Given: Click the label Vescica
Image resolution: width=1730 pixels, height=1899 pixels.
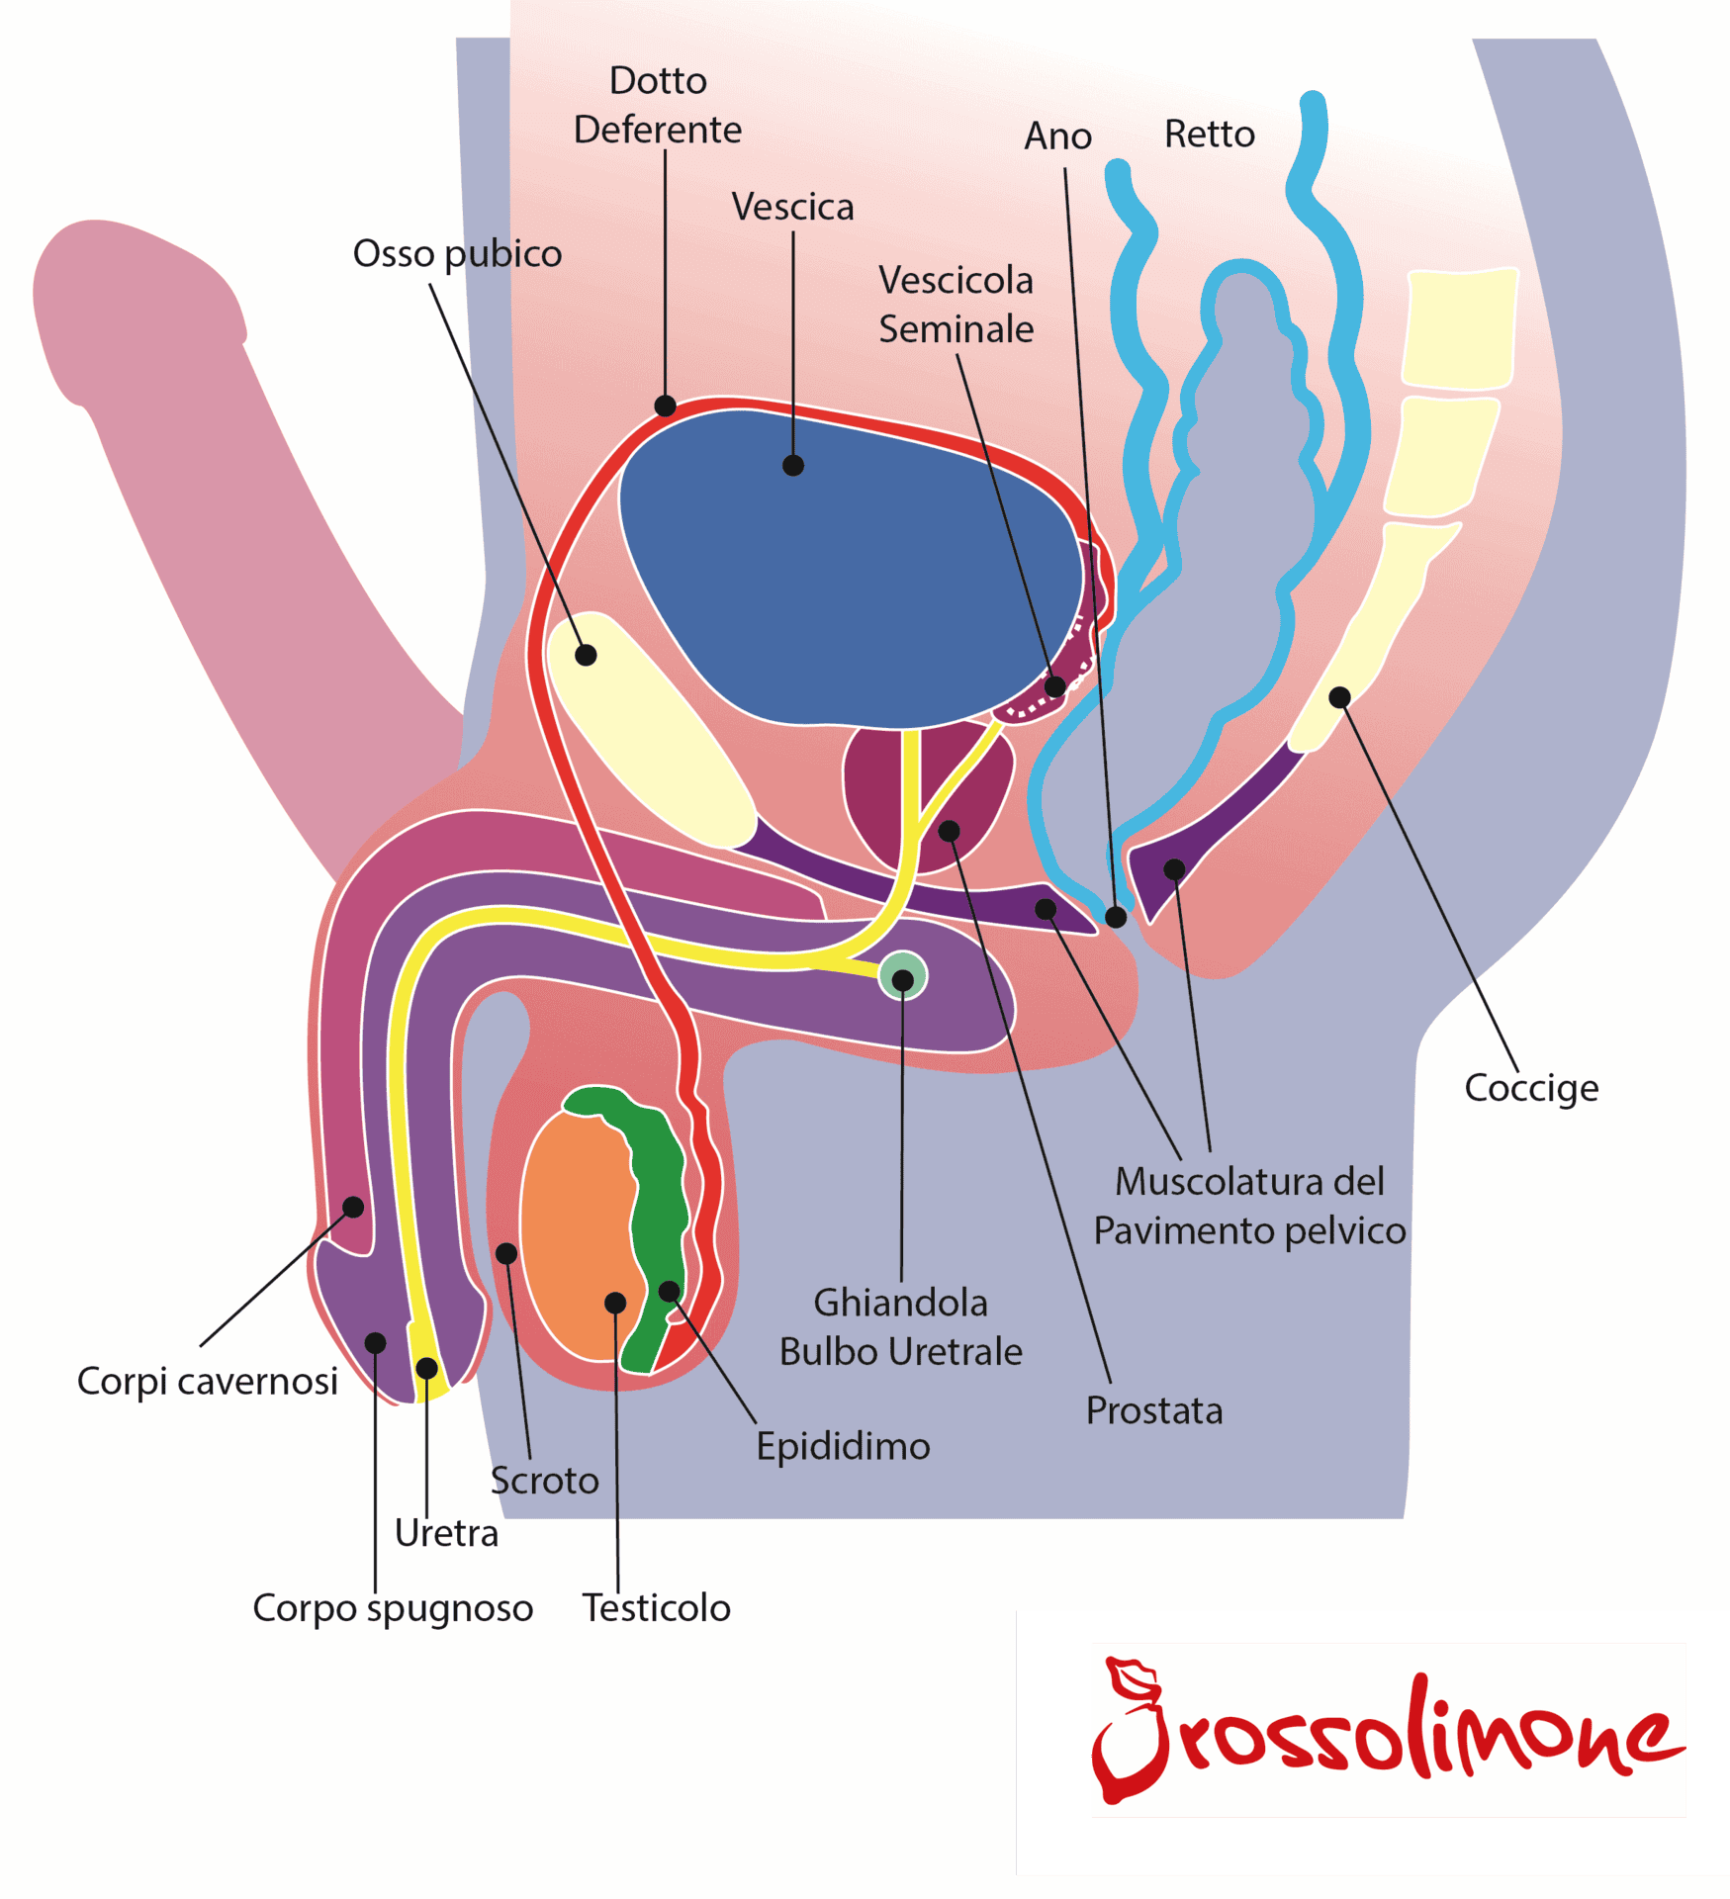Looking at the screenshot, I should tap(792, 207).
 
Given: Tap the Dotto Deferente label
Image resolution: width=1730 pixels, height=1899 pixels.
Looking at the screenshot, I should tap(658, 105).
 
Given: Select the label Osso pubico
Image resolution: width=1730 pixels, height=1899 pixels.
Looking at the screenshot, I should tap(457, 254).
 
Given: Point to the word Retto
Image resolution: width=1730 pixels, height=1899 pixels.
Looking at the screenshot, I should tap(1209, 134).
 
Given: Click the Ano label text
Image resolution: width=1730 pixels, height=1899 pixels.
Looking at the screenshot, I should tap(1057, 136).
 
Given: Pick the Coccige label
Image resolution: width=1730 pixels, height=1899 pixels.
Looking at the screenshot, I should tap(1530, 1088).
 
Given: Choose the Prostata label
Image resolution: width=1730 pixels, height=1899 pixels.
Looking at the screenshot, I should tap(1153, 1410).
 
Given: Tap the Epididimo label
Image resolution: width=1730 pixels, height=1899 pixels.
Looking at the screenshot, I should tap(843, 1446).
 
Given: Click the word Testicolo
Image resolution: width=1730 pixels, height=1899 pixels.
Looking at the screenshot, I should tap(656, 1607).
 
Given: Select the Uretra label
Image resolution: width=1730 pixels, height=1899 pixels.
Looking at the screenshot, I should tap(446, 1533).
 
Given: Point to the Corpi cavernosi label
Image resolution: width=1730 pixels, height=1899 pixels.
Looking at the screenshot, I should tap(208, 1381).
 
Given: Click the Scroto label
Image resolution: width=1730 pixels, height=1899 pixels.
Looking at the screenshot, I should tap(544, 1481).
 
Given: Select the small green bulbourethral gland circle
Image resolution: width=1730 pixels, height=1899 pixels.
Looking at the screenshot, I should tap(902, 977).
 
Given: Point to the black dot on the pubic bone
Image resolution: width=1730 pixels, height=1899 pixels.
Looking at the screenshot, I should tap(586, 655).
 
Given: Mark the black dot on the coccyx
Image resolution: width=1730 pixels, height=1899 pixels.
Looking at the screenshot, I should tap(1339, 697).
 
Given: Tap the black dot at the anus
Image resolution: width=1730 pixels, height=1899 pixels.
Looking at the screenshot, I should tap(1116, 917).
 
